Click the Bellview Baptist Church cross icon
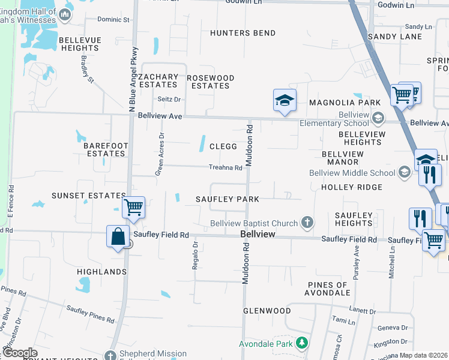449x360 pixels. pos(307,224)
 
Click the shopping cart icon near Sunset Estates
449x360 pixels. pos(133,208)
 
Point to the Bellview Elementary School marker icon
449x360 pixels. pos(378,117)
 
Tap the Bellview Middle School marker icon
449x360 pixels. pos(405,173)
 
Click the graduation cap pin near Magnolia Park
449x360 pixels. pos(285,100)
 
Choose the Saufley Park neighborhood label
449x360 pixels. pos(228,199)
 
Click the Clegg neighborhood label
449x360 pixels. pos(223,146)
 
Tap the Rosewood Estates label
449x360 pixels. pos(210,82)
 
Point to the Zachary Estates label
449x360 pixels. pos(158,81)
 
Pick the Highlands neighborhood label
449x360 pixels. pos(102,272)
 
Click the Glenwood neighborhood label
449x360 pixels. pos(267,311)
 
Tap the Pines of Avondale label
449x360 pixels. pos(328,289)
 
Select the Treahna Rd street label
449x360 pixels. pos(225,168)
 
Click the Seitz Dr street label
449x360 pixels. pos(169,99)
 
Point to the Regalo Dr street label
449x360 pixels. pos(195,256)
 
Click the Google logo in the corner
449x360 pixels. pos(20,353)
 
